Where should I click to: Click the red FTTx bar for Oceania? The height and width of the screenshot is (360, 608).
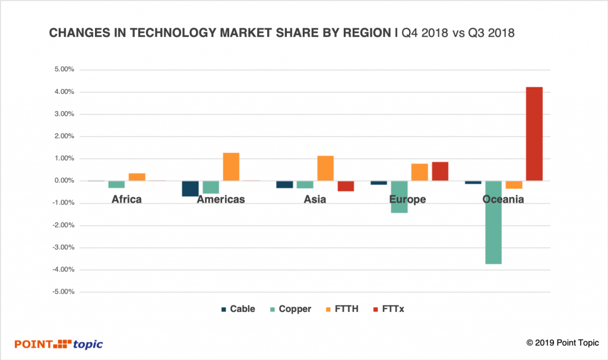point(534,134)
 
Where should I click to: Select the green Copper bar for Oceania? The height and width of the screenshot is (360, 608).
point(493,222)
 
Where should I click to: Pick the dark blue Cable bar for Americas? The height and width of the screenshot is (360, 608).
point(190,188)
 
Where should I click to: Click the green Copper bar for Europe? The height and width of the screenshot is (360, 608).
point(399,197)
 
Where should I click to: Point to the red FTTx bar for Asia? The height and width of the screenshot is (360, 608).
point(346,186)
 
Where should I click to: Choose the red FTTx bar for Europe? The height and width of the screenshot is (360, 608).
point(440,171)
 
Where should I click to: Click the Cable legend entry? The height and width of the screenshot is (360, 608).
point(238,309)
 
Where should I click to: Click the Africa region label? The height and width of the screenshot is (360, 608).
point(126,199)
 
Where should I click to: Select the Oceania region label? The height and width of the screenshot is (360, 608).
point(503,199)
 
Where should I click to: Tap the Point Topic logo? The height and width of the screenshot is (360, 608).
point(59,344)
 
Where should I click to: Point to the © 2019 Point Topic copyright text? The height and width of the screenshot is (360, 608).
point(560,343)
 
